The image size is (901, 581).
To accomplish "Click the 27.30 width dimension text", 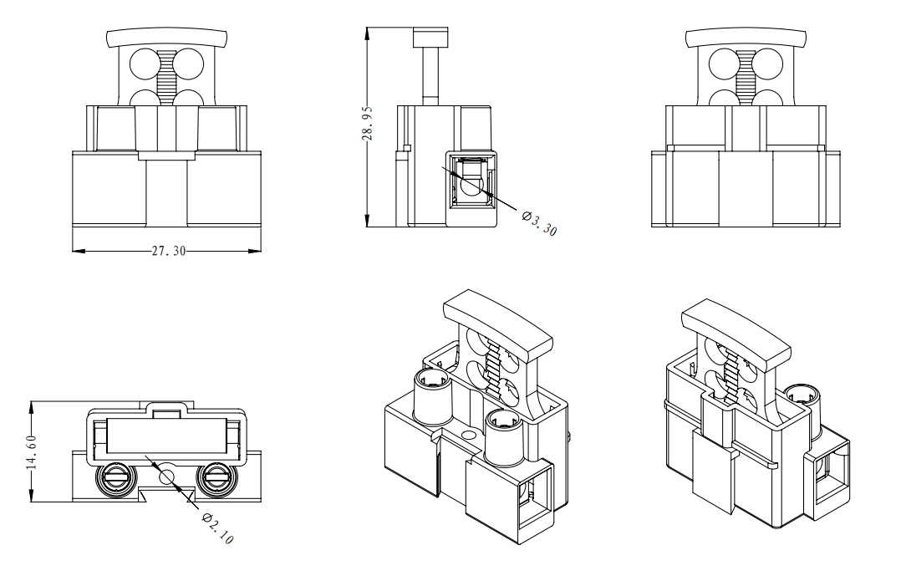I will (x=168, y=251).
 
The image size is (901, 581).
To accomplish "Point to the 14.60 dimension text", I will (x=32, y=451).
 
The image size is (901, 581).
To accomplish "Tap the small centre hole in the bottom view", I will (x=165, y=477).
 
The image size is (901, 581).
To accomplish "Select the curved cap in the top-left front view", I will (x=167, y=38).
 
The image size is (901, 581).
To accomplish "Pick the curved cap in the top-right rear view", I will (x=746, y=38).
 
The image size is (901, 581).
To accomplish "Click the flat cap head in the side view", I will (x=431, y=38).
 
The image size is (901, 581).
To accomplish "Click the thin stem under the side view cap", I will (x=431, y=75).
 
